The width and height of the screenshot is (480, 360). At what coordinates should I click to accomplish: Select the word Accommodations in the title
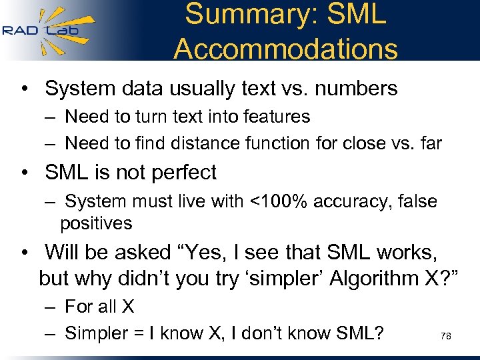point(285,48)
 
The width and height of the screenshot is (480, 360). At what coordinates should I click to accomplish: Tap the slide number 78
point(446,337)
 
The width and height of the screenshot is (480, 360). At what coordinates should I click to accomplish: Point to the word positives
point(96,223)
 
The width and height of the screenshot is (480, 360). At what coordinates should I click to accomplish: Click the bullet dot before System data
point(25,88)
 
